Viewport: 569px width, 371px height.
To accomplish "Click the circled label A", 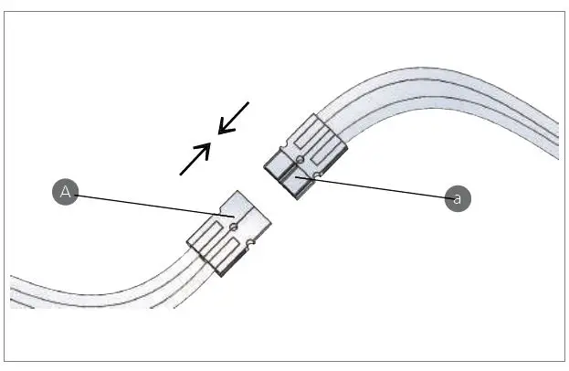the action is tap(65, 192).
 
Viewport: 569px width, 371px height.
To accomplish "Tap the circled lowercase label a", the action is tap(458, 197).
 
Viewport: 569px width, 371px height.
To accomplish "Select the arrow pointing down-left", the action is tap(234, 117).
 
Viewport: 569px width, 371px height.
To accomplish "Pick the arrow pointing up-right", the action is tap(195, 159).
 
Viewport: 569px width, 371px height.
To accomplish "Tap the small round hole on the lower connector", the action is tap(235, 226).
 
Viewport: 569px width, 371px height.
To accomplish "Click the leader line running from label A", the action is tap(146, 204).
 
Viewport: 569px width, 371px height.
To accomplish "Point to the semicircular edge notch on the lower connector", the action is tap(249, 243).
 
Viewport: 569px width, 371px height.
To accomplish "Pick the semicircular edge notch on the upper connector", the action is tap(316, 173).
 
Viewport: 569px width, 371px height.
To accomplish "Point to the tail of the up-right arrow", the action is tap(182, 173).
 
